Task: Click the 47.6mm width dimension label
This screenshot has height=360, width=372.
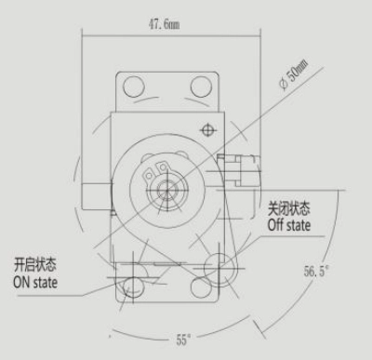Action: pos(164,24)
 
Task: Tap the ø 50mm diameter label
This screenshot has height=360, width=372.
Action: pos(294,75)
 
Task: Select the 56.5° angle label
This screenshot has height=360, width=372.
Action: pos(315,272)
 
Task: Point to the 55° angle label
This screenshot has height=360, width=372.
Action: pos(183,340)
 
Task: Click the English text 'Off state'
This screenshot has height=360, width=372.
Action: pos(289,225)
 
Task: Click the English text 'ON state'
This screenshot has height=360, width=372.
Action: pos(35,283)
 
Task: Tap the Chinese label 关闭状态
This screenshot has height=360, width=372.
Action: pos(288,208)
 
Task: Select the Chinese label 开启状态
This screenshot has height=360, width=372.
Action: pos(35,265)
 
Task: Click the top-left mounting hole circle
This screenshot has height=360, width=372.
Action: pos(134,86)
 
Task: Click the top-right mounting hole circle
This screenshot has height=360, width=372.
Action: pos(202,86)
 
